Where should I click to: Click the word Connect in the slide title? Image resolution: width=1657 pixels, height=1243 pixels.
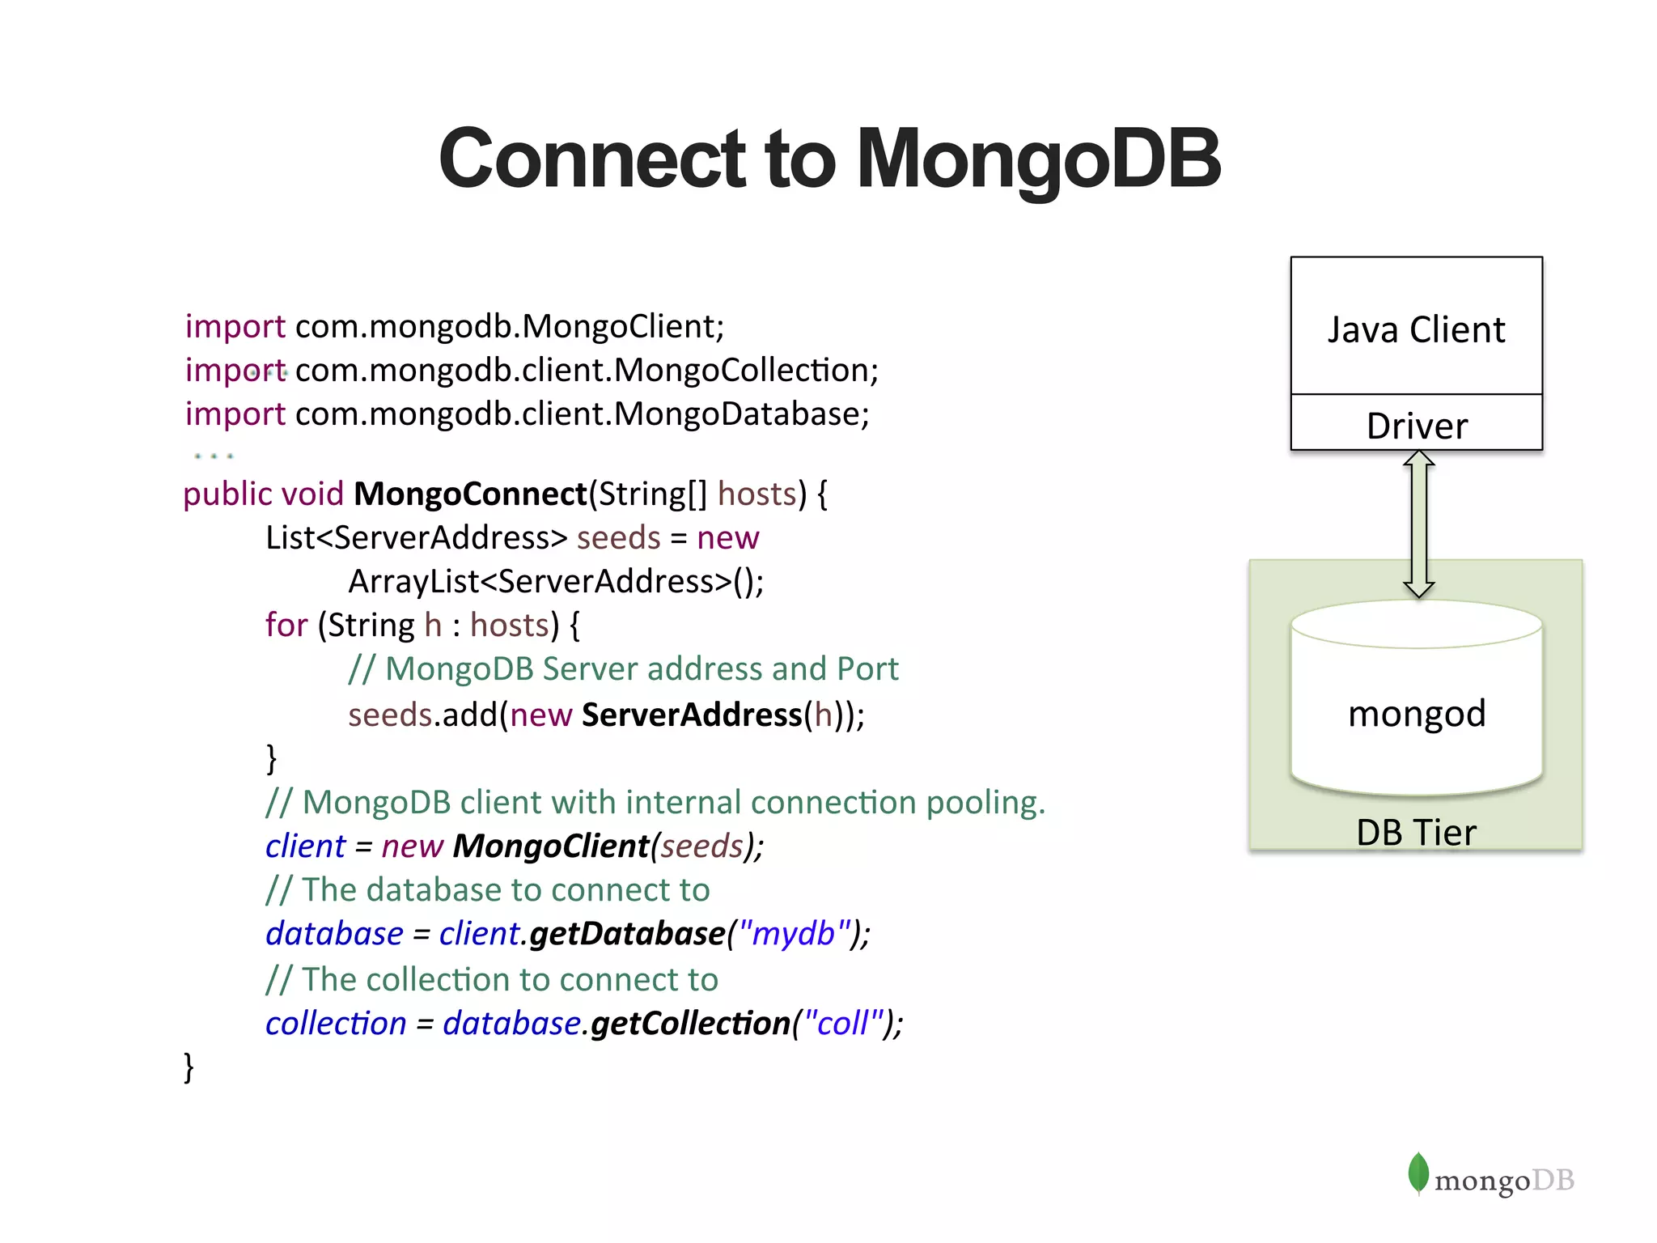591,159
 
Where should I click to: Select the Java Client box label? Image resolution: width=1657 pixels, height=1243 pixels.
1416,330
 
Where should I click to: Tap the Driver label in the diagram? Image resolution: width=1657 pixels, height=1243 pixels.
1416,426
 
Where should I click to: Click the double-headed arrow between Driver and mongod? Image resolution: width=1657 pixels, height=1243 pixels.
1418,524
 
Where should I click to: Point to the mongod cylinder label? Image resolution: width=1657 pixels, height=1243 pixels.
1416,714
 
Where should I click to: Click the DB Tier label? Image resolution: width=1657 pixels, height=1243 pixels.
1416,832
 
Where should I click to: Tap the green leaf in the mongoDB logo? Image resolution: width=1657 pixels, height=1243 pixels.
1418,1173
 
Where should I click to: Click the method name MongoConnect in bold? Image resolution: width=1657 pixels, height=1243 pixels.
470,494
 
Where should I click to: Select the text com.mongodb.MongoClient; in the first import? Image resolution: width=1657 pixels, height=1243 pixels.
510,326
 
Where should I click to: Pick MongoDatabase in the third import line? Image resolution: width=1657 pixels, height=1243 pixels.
737,414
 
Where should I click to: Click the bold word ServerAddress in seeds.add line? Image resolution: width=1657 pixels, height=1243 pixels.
692,715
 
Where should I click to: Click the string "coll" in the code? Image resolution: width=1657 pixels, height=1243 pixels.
844,1023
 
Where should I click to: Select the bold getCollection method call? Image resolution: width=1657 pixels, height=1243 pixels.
690,1023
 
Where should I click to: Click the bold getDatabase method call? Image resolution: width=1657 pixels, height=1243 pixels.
628,933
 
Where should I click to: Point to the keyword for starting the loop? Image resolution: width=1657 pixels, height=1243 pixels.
286,625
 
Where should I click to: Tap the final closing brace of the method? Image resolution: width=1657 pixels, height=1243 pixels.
189,1067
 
